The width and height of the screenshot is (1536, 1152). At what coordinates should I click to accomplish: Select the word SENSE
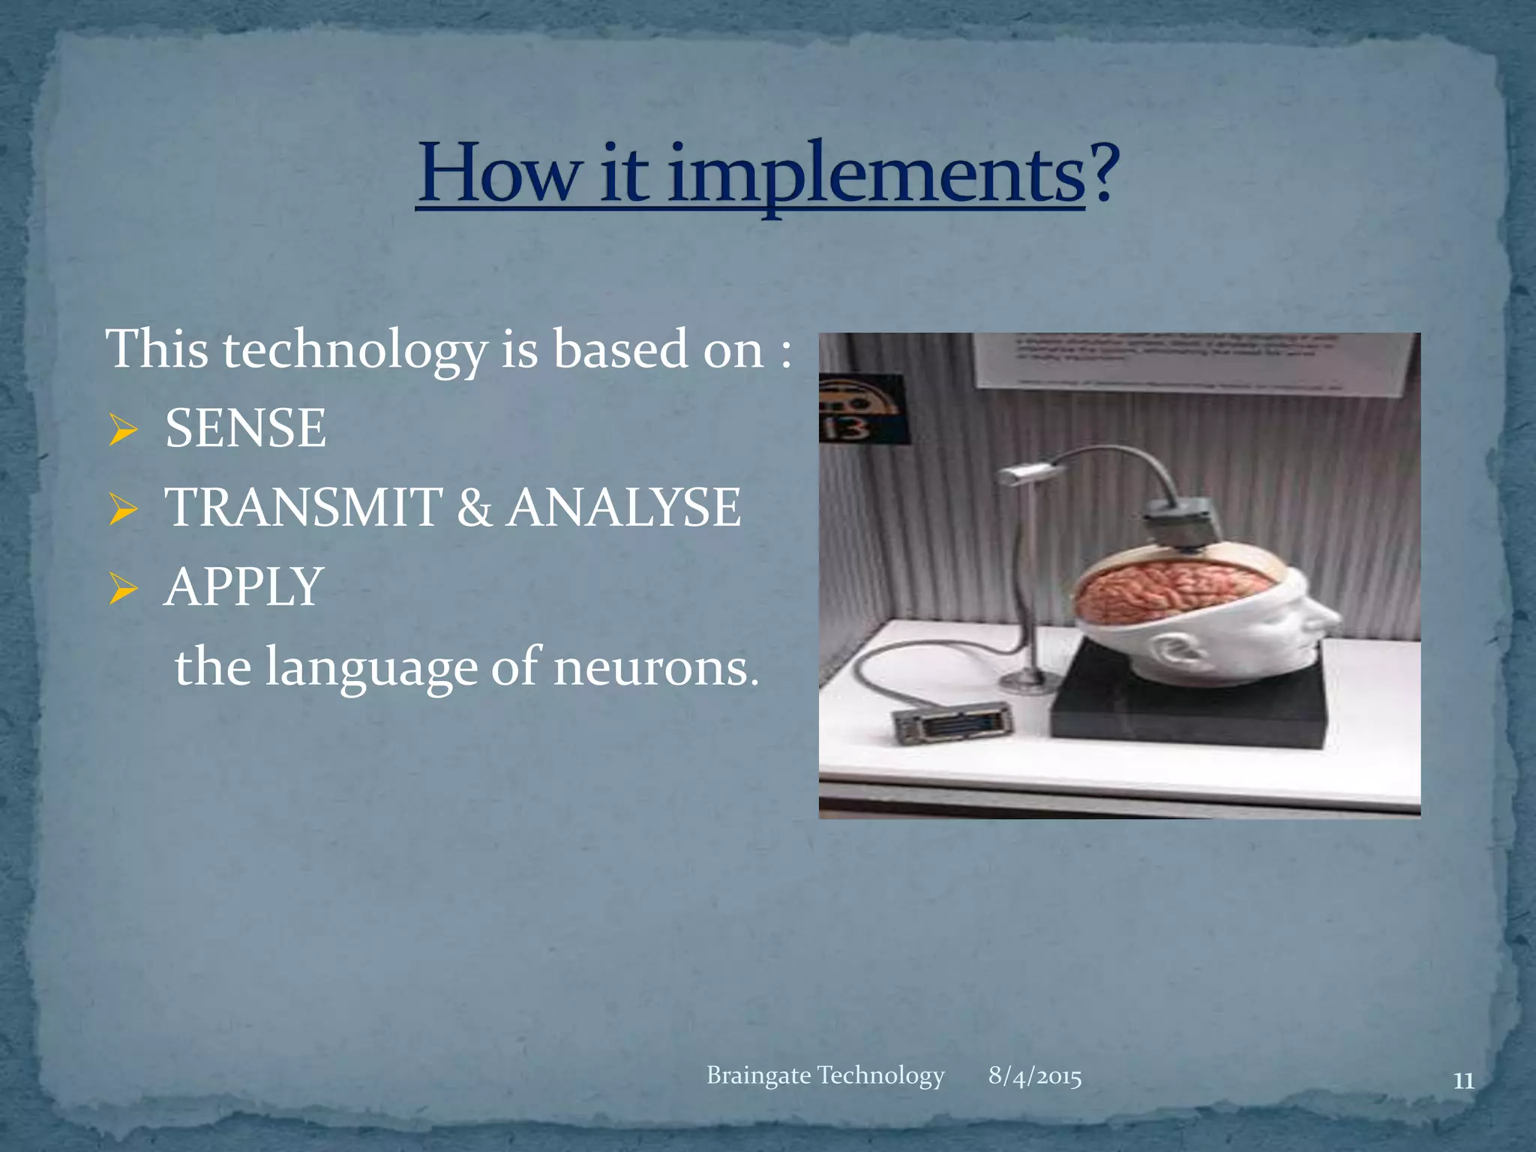point(245,428)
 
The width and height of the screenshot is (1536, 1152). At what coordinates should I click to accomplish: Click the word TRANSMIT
point(304,508)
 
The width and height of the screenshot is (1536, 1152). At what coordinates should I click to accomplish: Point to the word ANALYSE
point(624,508)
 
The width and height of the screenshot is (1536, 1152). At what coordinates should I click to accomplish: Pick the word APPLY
point(244,587)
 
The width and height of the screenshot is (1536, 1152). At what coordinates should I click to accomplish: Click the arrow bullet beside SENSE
point(122,430)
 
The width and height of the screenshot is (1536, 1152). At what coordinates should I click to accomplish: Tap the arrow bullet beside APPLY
point(122,589)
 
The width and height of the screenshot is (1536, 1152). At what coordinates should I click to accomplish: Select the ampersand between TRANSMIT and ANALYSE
point(474,508)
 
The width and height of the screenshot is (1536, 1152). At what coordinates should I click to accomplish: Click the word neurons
point(655,667)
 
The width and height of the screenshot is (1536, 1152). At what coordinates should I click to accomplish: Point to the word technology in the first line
point(355,350)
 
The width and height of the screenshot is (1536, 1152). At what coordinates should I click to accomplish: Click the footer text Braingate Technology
point(825,1075)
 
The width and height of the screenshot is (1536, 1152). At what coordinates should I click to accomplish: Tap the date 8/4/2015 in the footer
point(1035,1076)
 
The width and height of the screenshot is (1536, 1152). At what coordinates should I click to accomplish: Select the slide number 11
point(1463,1081)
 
